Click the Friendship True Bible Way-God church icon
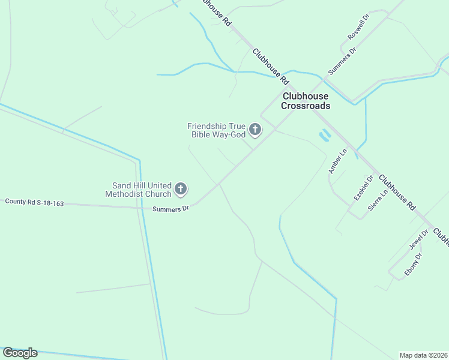point(255,129)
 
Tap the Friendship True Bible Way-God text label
point(216,130)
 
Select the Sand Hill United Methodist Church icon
point(181,190)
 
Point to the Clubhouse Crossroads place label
point(306,101)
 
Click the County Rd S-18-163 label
point(34,202)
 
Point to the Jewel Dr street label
point(418,239)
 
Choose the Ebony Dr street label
point(413,263)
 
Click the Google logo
point(20,353)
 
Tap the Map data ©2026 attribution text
point(423,355)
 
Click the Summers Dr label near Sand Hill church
point(170,209)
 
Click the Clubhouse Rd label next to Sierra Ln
point(396,191)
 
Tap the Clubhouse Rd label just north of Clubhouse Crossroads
point(271,66)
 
